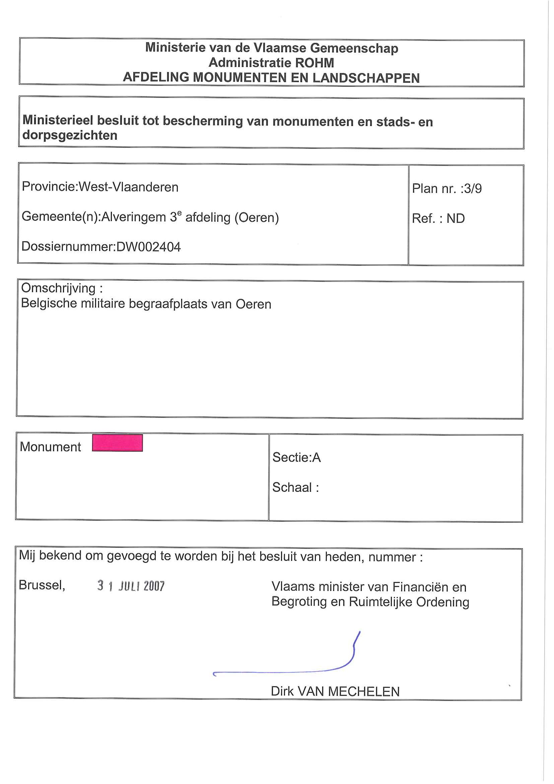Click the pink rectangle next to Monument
pos(117,443)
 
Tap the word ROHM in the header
pos(315,63)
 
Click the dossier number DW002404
pos(148,247)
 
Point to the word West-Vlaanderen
pos(128,187)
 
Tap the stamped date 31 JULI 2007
pos(131,586)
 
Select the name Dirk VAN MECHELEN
pos(335,692)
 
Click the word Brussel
pos(42,585)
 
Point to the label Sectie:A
pos(296,458)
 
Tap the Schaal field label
pos(295,487)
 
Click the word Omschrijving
pos(58,288)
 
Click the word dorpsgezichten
pos(70,136)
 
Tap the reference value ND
pos(455,218)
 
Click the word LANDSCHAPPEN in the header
pos(366,78)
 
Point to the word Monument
pos(50,447)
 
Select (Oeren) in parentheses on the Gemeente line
pos(257,217)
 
